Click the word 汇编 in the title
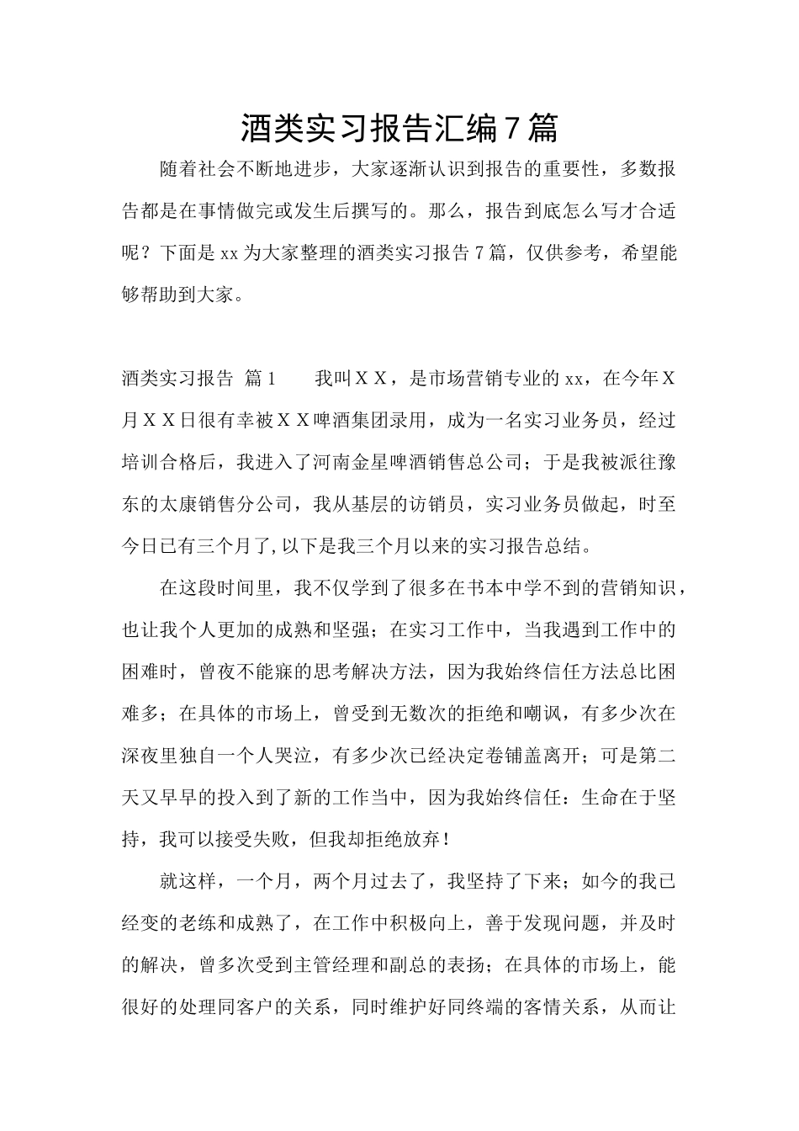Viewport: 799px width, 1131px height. (x=463, y=128)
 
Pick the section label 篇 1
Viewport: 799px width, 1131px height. (x=260, y=379)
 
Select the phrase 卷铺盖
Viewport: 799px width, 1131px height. (x=528, y=756)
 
